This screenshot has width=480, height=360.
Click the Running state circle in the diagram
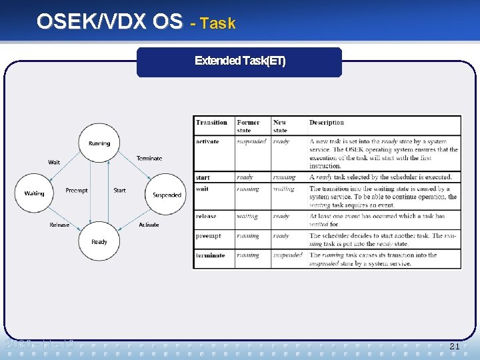click(x=99, y=143)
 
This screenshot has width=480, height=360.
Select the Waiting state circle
click(x=35, y=193)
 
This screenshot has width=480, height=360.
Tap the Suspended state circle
click(x=166, y=195)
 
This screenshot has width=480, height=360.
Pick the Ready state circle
click(x=99, y=241)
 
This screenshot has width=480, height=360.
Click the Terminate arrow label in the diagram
click(x=149, y=159)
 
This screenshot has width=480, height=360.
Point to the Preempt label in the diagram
click(x=77, y=191)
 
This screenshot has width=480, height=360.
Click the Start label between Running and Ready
click(x=119, y=191)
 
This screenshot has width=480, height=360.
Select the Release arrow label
click(x=59, y=225)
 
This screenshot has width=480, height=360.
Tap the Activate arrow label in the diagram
click(x=149, y=225)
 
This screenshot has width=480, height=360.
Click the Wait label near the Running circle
click(x=54, y=162)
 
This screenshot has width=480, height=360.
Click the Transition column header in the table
click(x=212, y=123)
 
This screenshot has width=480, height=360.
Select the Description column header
click(x=327, y=123)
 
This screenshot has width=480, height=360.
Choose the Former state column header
click(x=249, y=126)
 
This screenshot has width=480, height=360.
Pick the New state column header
click(x=280, y=126)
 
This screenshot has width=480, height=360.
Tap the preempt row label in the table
click(x=209, y=236)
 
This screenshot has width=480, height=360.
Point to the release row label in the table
click(x=207, y=216)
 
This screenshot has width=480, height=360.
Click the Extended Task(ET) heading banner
click(x=239, y=61)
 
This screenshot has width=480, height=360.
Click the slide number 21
click(x=455, y=347)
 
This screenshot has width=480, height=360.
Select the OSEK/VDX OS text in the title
click(x=109, y=22)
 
